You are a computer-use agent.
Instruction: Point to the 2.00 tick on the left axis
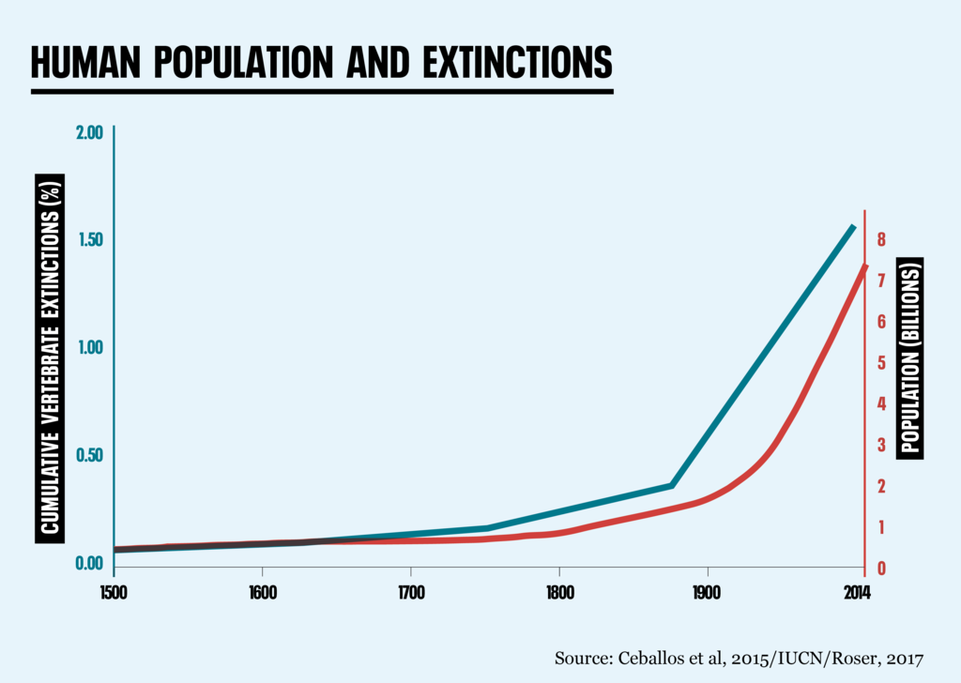point(88,132)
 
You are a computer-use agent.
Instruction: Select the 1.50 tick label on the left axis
point(88,240)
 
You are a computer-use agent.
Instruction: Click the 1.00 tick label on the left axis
point(88,348)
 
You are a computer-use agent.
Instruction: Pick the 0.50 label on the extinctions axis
point(88,456)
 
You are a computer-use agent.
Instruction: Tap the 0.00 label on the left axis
point(88,563)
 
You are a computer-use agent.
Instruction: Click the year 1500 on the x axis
point(114,593)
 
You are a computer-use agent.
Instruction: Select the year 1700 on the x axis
point(410,593)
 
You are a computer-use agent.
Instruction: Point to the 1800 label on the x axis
point(558,593)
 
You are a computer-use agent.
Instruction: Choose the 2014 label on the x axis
point(855,593)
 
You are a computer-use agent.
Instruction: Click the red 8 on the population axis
point(881,240)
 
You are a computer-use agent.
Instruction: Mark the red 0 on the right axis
point(881,569)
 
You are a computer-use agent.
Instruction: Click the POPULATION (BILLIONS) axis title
point(910,357)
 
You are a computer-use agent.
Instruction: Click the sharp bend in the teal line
point(672,485)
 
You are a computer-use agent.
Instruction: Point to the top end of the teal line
point(853,226)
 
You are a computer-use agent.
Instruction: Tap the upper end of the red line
point(864,266)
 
